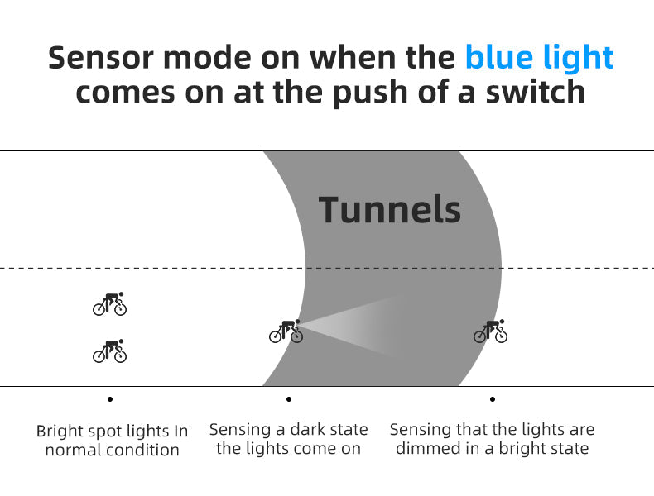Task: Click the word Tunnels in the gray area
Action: [x=389, y=210]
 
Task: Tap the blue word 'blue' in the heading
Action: [x=500, y=58]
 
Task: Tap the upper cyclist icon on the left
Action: [x=109, y=304]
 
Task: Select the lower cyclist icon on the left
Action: [x=109, y=351]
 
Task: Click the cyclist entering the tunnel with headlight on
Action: [x=286, y=331]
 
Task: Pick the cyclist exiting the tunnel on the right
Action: [x=490, y=331]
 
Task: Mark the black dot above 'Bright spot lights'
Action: [x=110, y=399]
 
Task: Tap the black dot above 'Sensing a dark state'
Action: [x=289, y=399]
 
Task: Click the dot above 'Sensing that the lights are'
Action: [x=493, y=399]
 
